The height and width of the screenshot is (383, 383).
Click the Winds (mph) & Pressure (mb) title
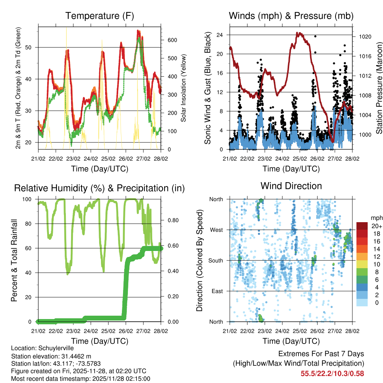coord(291,16)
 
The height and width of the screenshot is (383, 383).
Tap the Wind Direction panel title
coord(291,186)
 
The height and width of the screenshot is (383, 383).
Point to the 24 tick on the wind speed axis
coord(220,35)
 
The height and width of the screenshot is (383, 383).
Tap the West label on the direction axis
coord(216,230)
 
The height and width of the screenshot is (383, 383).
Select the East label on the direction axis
coord(217,291)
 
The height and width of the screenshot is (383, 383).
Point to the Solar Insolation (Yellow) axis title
coord(184,88)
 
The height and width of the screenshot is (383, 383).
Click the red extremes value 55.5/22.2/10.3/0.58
coord(332,373)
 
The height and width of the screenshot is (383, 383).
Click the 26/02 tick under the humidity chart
coord(126,331)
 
